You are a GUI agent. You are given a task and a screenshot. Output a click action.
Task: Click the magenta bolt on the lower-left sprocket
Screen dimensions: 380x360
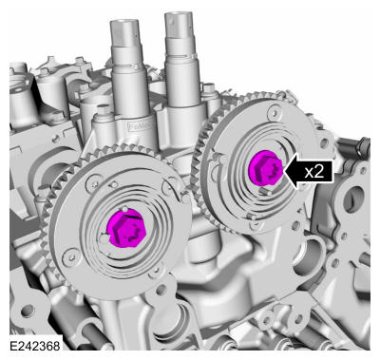125,228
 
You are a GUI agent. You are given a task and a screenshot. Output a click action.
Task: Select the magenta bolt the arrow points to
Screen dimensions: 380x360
265,168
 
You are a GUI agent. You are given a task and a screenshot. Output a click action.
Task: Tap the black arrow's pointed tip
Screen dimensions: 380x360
284,171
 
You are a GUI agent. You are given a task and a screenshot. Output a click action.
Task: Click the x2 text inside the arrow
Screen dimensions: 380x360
314,171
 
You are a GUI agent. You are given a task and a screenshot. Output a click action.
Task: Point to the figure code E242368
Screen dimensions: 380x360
35,346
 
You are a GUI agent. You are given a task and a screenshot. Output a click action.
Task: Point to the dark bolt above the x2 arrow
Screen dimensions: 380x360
362,147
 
